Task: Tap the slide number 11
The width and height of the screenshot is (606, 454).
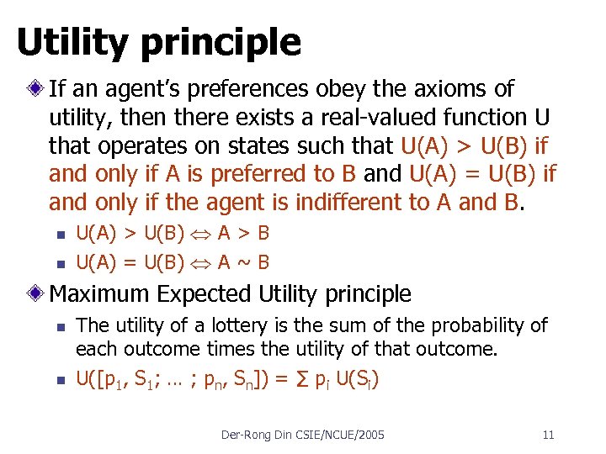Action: (548, 435)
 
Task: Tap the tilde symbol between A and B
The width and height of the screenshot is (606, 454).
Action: (244, 262)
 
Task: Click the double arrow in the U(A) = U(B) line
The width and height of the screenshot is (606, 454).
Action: (201, 263)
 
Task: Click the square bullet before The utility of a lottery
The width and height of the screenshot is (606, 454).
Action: (58, 325)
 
